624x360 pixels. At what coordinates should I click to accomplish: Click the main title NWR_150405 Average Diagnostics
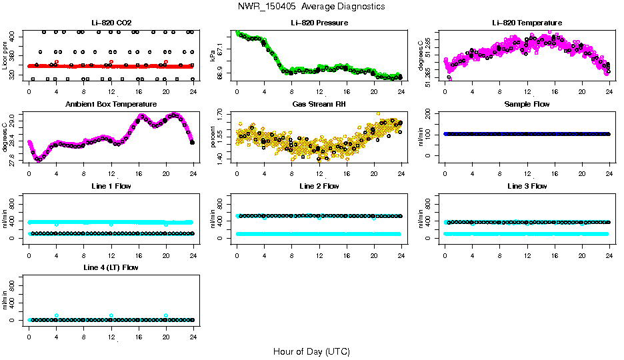(x=311, y=7)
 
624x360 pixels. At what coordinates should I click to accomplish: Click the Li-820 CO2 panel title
(x=111, y=23)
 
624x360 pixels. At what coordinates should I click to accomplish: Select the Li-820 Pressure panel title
(x=319, y=23)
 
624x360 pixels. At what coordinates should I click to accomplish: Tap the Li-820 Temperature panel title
(x=527, y=23)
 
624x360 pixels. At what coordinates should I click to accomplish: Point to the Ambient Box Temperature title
(x=111, y=105)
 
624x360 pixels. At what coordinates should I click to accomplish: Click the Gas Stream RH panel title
(x=319, y=105)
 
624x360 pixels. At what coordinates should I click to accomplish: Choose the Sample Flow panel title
(x=527, y=105)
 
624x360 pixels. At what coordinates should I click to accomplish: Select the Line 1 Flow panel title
(x=111, y=186)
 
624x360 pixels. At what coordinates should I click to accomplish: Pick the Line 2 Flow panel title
(x=319, y=186)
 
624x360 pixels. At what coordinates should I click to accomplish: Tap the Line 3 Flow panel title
(x=527, y=186)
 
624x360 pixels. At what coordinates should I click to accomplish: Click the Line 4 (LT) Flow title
(x=111, y=267)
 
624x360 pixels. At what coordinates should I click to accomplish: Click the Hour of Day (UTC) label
(x=311, y=351)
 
